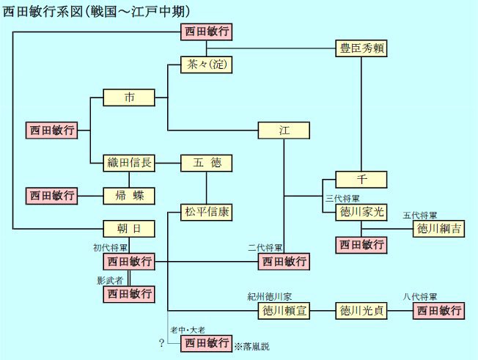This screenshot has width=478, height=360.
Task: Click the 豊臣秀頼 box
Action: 361,49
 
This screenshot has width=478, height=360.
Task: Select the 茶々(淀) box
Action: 207,65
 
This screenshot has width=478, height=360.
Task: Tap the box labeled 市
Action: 129,98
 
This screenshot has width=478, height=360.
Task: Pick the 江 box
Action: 284,131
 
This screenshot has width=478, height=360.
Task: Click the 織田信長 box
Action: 129,163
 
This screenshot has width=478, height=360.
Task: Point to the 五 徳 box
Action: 207,163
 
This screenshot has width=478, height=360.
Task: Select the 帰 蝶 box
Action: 129,196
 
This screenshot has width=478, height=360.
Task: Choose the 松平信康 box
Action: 207,213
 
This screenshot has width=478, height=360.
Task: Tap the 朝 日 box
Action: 129,229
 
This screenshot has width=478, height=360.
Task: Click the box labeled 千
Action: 361,180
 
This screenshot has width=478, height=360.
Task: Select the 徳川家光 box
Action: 361,213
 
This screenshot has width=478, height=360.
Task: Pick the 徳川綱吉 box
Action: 439,229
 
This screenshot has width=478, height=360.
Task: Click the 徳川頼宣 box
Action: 284,311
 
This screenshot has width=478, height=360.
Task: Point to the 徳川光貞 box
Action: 361,311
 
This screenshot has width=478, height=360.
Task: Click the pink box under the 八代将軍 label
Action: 439,311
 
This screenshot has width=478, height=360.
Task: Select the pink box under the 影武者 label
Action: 129,294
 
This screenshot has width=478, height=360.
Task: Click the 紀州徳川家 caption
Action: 269,297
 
